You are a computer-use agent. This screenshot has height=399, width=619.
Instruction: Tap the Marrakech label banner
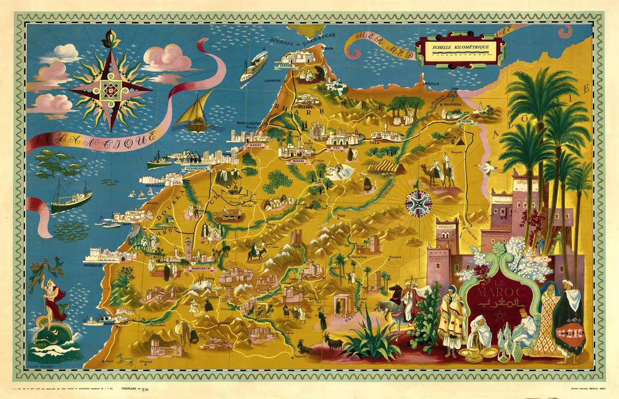[199, 269]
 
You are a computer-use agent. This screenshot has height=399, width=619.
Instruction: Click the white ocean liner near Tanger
[254, 66]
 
